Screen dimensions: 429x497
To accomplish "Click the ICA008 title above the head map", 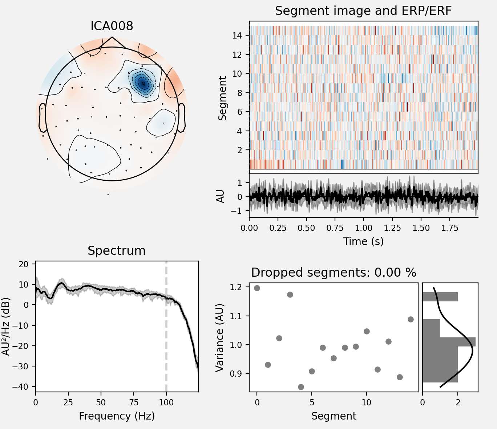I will point(112,26).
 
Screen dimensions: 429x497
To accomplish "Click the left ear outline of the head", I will point(42,117).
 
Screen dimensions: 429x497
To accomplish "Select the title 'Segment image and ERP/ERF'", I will point(363,11).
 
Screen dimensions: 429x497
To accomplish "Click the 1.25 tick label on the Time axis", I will point(393,228).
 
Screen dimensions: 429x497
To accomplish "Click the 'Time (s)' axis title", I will point(363,241).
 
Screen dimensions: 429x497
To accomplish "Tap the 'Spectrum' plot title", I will point(116,251).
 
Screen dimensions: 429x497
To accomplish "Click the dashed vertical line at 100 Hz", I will point(166,327).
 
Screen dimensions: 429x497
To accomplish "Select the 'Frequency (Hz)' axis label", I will point(117,416).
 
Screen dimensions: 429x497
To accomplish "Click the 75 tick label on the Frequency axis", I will point(134,402).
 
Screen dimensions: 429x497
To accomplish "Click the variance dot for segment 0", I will point(257,288).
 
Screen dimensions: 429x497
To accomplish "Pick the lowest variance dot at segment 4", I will point(301,387).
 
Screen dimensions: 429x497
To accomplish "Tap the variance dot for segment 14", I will point(411,319).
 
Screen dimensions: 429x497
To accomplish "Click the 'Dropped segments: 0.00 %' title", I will point(333,273).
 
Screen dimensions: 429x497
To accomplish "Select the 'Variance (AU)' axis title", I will point(219,338).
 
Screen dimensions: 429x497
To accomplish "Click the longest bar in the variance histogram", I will point(449,342).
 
